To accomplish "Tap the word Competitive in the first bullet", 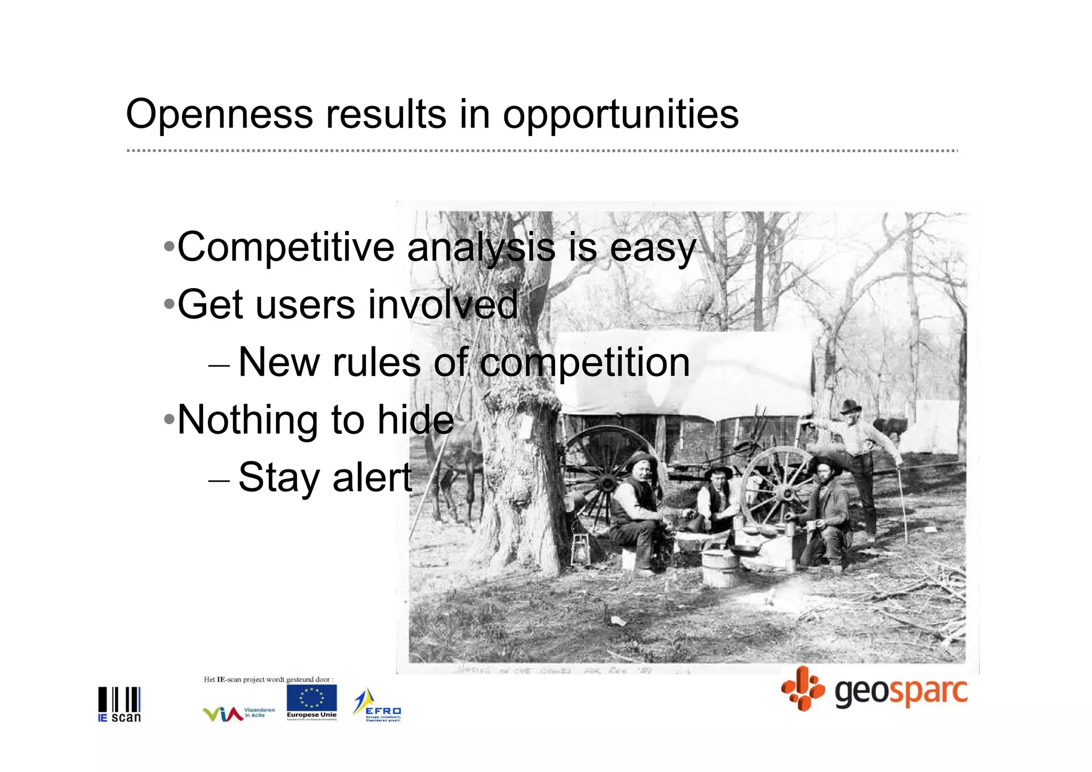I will click(x=286, y=248).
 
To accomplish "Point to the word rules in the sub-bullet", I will click(x=377, y=362).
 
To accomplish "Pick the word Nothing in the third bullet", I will click(x=247, y=420).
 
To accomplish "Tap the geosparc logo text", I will click(x=901, y=691).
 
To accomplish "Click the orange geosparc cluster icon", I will click(x=802, y=689).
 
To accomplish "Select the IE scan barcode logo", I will click(x=119, y=704).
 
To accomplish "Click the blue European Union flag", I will click(x=311, y=699).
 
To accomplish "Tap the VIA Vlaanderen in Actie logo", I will click(x=238, y=713).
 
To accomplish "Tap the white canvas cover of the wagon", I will click(x=682, y=373).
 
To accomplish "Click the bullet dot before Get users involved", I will click(x=169, y=305).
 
